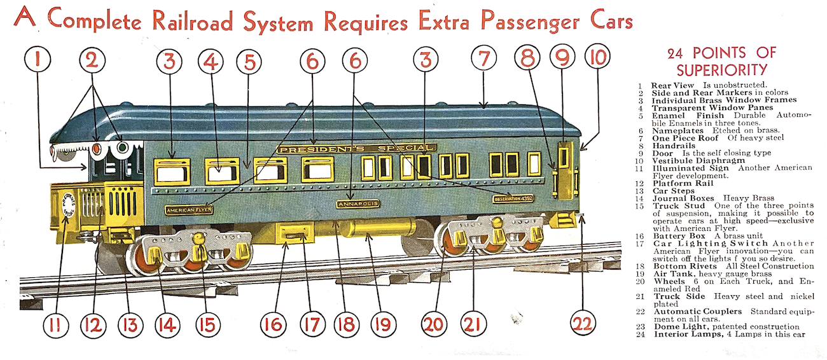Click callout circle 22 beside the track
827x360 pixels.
coord(583,324)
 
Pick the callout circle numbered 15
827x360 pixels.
coord(206,324)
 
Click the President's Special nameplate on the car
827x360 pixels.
coord(356,149)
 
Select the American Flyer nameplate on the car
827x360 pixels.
coord(188,209)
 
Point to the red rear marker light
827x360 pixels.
coord(97,149)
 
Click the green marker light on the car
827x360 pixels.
coord(121,149)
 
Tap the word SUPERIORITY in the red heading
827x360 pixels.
coord(721,70)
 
